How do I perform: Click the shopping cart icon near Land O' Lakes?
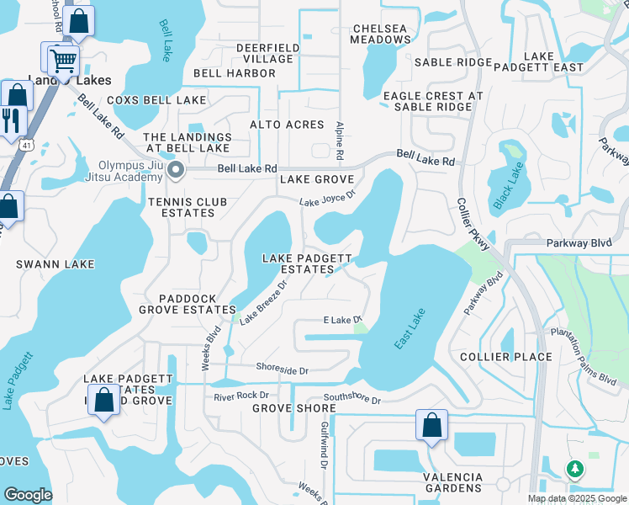click(x=62, y=60)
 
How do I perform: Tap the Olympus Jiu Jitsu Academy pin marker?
click(x=175, y=171)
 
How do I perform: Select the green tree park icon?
click(x=575, y=468)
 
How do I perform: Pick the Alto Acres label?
click(x=287, y=125)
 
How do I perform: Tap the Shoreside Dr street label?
click(x=282, y=369)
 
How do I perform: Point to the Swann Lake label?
click(x=55, y=264)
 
